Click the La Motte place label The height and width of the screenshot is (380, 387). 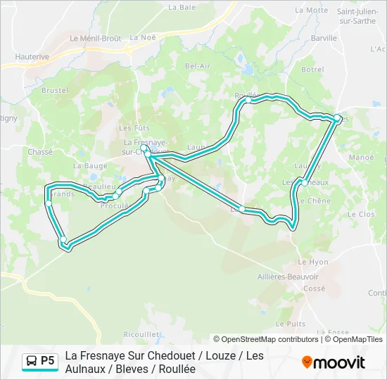pyautogui.click(x=312, y=11)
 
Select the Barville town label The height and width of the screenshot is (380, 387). pyautogui.click(x=324, y=38)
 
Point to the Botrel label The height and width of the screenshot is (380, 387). pyautogui.click(x=312, y=70)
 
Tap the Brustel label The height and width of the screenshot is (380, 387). pyautogui.click(x=55, y=91)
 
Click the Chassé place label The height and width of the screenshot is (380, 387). pyautogui.click(x=40, y=151)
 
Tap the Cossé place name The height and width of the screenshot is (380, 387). pyautogui.click(x=314, y=289)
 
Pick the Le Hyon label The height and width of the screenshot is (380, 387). pyautogui.click(x=313, y=262)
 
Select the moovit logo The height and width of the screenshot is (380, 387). pyautogui.click(x=334, y=362)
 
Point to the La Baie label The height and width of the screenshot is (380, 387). pyautogui.click(x=182, y=7)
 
